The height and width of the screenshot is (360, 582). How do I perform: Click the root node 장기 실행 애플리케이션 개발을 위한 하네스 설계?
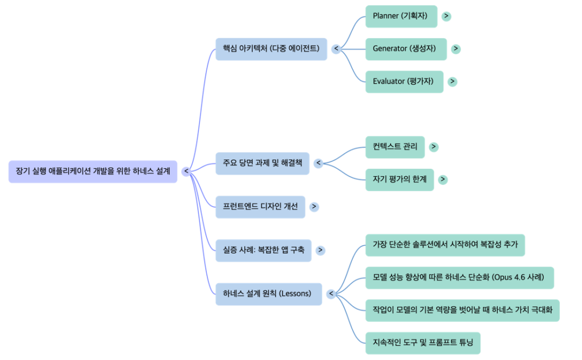coord(93,171)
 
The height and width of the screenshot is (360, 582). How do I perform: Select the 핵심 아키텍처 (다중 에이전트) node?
coord(271,49)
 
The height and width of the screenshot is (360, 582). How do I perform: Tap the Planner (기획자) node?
coord(401,16)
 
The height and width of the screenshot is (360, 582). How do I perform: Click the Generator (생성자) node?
coord(405,49)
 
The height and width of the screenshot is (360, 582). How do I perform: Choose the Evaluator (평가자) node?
coord(404,81)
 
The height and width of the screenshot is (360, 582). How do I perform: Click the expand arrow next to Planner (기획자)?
coord(447,16)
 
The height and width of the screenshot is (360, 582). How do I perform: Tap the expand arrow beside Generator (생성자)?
coord(456,49)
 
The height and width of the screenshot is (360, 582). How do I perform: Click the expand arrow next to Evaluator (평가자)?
coord(452,81)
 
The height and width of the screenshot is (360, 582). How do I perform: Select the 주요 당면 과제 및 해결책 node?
coord(263,163)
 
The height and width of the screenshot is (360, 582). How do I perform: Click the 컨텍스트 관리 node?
coord(395,147)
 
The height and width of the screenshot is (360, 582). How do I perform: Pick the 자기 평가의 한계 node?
coord(400,179)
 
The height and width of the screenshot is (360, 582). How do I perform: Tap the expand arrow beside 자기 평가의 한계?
coord(443,179)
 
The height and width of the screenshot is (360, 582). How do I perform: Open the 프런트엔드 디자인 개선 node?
coord(260,206)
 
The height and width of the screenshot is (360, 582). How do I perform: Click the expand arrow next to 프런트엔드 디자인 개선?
coord(314,206)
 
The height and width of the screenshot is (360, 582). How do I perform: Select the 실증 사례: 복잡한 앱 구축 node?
coord(263,250)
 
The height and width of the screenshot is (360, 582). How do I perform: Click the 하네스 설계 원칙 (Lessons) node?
coord(268,293)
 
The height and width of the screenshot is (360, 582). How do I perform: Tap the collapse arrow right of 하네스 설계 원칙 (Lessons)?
coord(330,293)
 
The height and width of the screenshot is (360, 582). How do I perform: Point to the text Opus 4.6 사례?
coord(519,278)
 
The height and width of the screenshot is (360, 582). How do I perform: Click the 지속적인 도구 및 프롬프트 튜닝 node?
coord(423,343)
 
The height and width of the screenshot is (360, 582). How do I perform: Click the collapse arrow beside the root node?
coord(186,171)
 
